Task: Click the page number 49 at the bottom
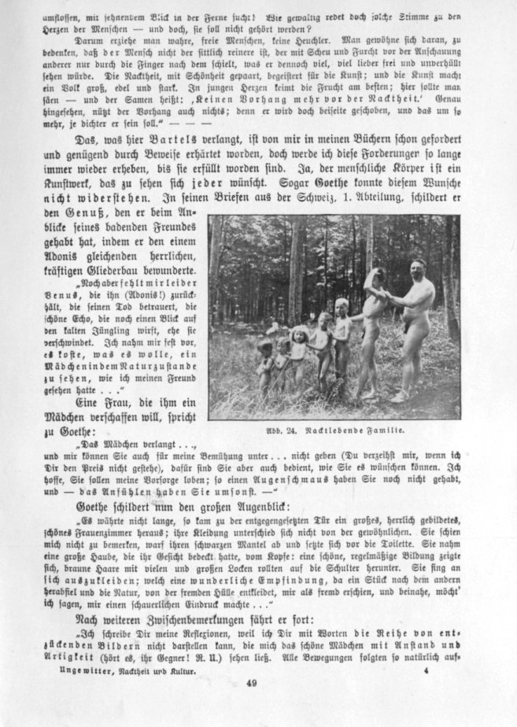251,682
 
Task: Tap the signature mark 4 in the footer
425,649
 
